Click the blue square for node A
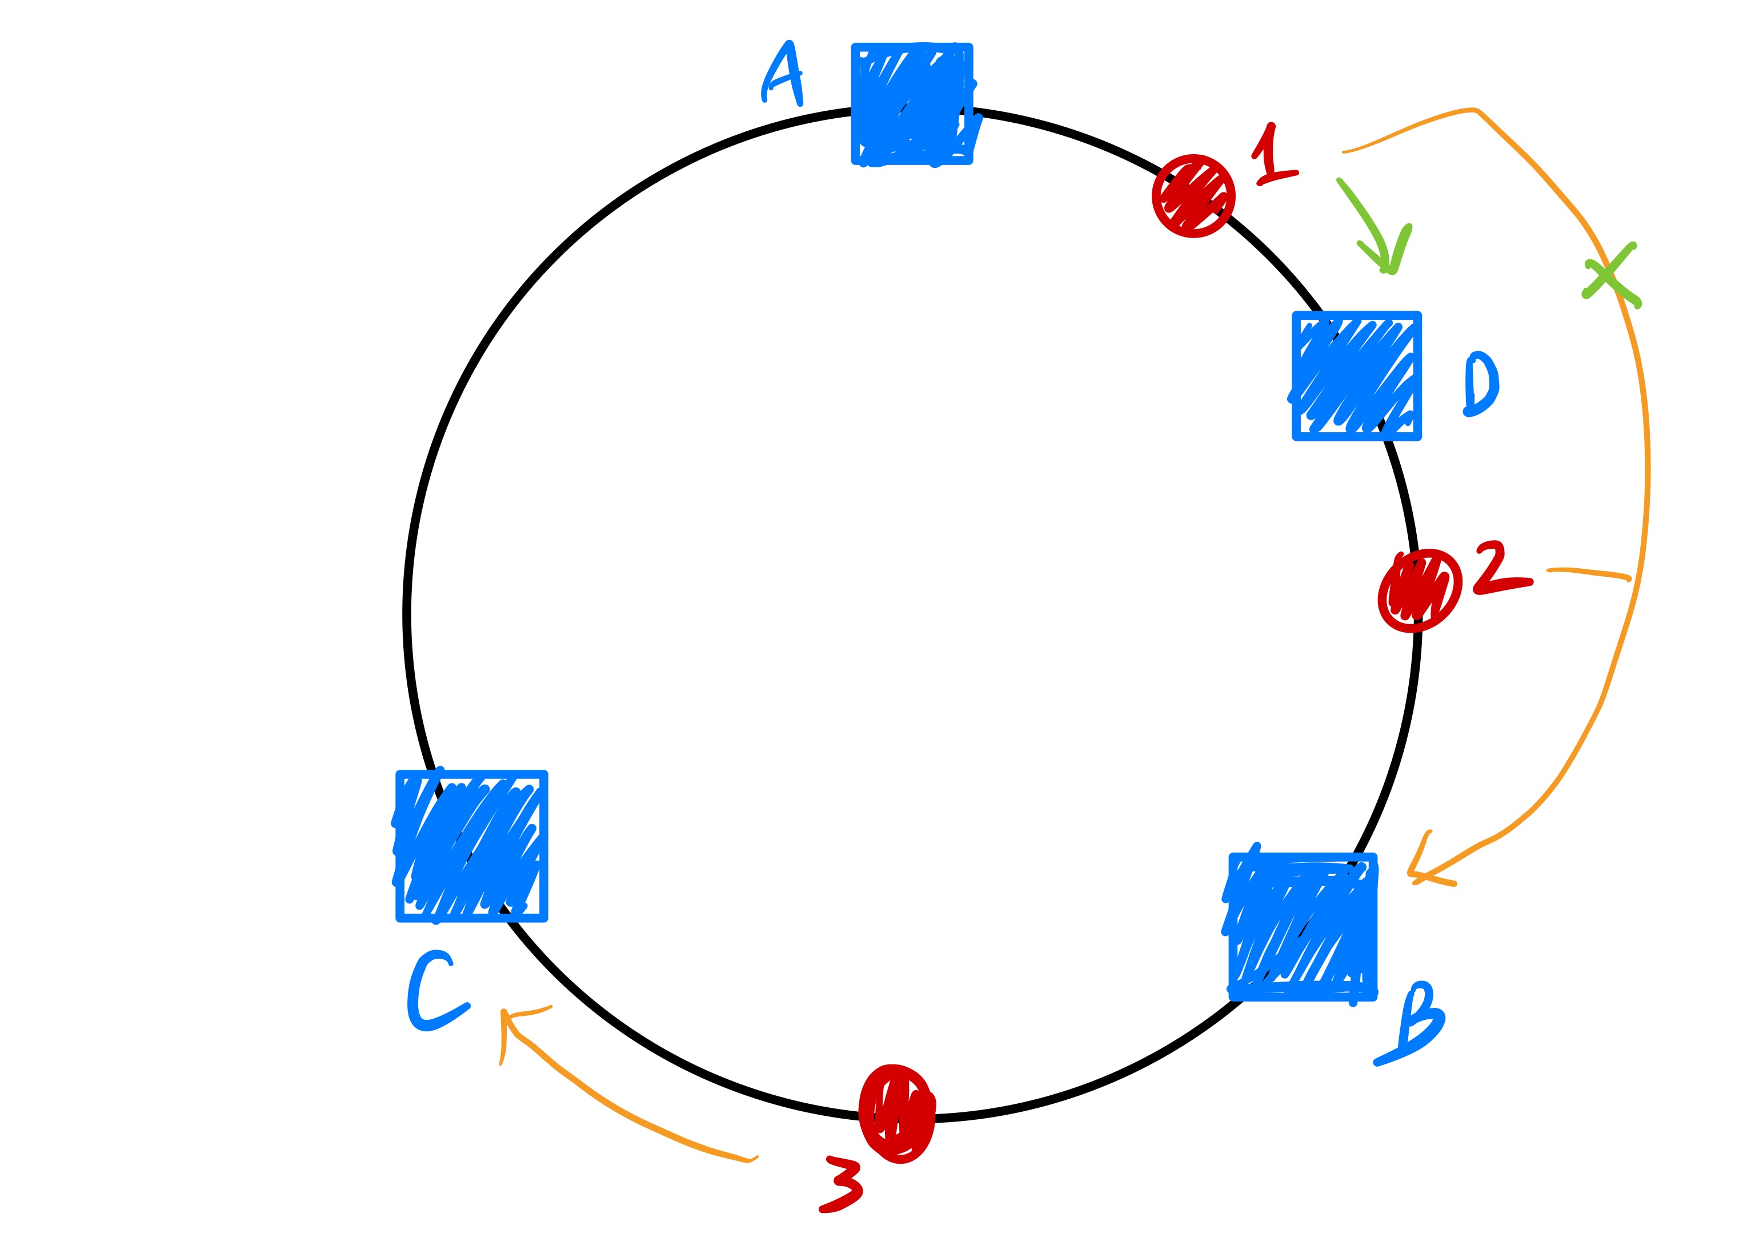coord(911,103)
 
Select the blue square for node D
coord(1356,375)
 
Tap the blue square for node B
coord(1303,927)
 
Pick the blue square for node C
coord(471,845)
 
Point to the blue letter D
coord(1480,384)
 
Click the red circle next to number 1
coord(1193,196)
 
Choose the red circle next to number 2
coord(1419,590)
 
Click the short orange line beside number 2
coord(1588,573)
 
